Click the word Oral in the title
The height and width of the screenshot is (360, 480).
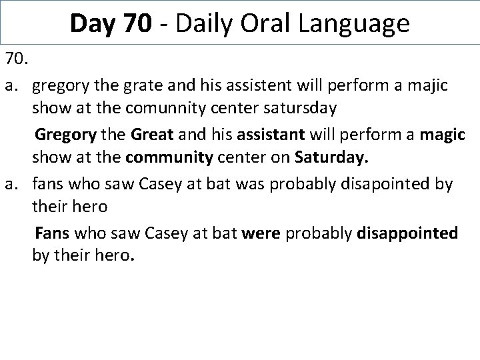[271, 24]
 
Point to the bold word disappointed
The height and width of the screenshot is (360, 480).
[407, 233]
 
